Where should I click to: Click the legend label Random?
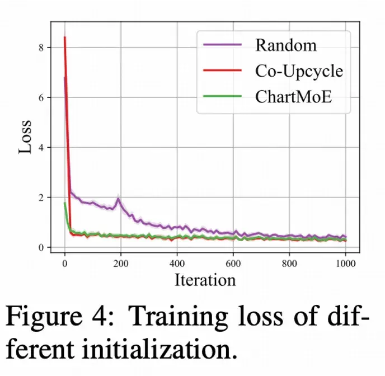[285, 45]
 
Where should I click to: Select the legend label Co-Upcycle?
[299, 70]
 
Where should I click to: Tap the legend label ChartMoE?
[294, 96]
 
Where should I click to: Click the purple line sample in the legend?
[223, 45]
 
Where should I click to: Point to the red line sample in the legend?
[223, 70]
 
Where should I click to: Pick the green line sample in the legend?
[223, 96]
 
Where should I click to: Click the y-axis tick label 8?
[41, 48]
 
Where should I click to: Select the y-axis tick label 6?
[41, 97]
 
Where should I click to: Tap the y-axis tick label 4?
[41, 148]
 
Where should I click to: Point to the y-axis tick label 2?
[41, 198]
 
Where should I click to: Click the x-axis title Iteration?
[205, 279]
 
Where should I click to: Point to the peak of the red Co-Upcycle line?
[65, 37]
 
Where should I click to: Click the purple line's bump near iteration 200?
[118, 199]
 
